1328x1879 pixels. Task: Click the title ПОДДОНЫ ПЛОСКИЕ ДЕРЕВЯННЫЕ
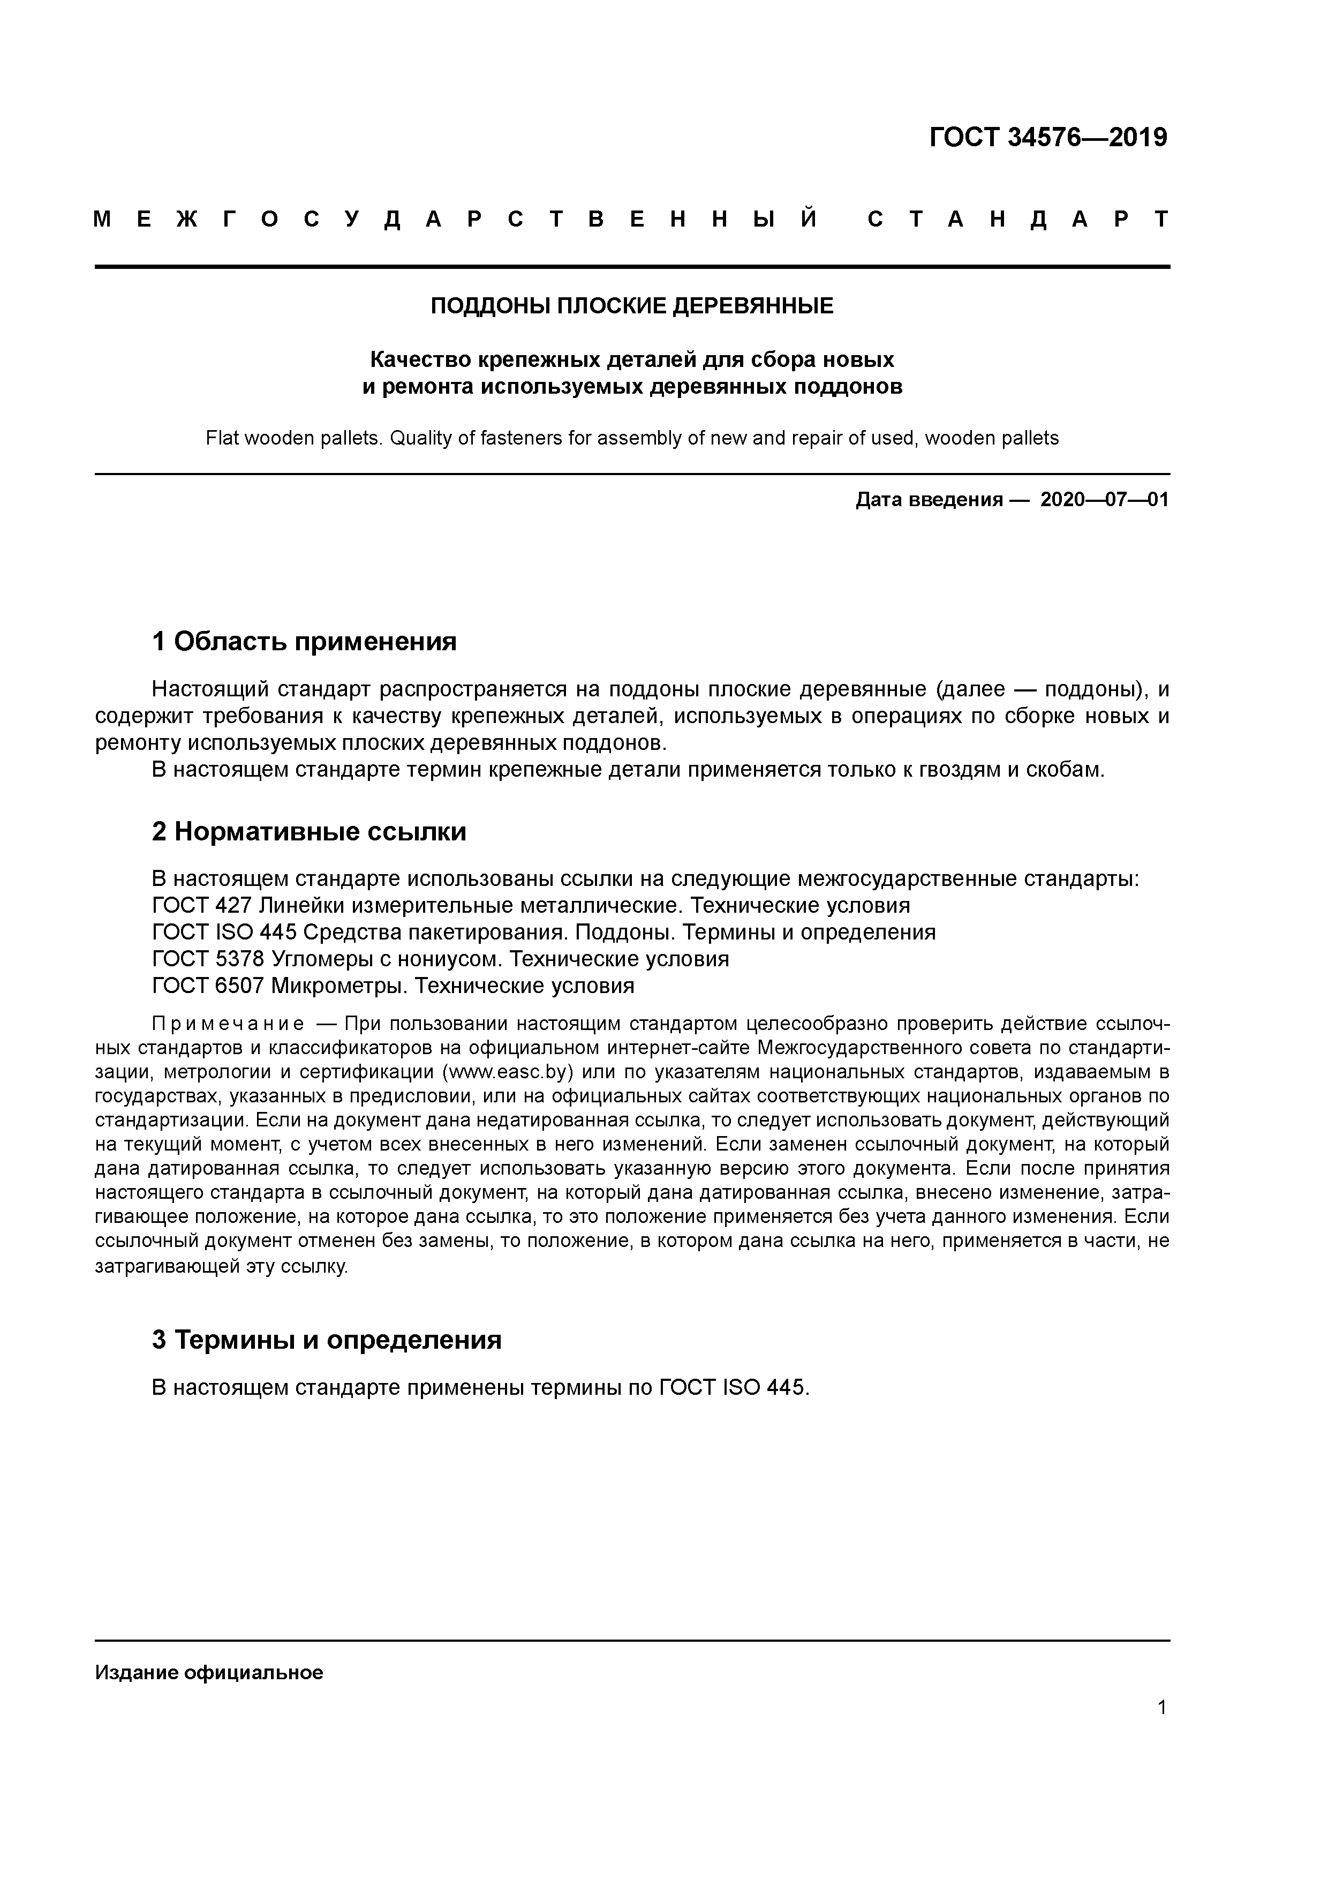(x=632, y=306)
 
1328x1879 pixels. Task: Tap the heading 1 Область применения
(x=304, y=642)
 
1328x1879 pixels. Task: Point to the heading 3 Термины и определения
(x=327, y=1340)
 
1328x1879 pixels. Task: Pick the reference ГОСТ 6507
(x=208, y=986)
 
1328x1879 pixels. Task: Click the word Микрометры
(x=339, y=986)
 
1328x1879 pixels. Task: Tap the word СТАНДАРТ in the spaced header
(x=1018, y=219)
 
